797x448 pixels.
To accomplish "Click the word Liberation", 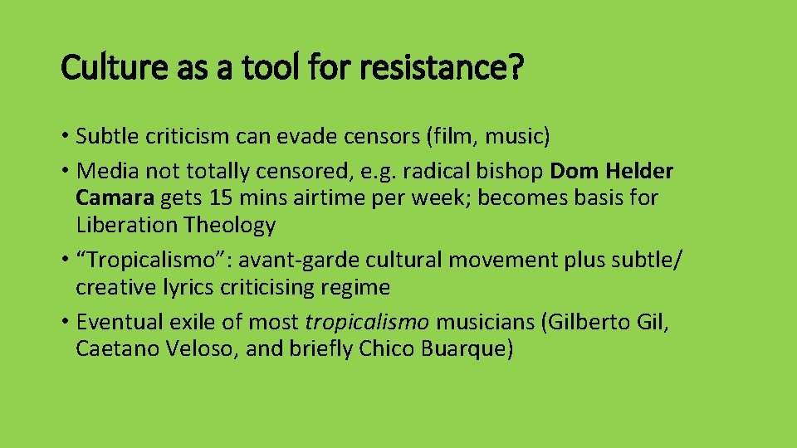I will click(127, 225).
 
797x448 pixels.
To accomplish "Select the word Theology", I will click(230, 225).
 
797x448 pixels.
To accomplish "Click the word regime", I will click(359, 287).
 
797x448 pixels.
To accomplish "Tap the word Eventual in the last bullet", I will click(117, 322).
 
